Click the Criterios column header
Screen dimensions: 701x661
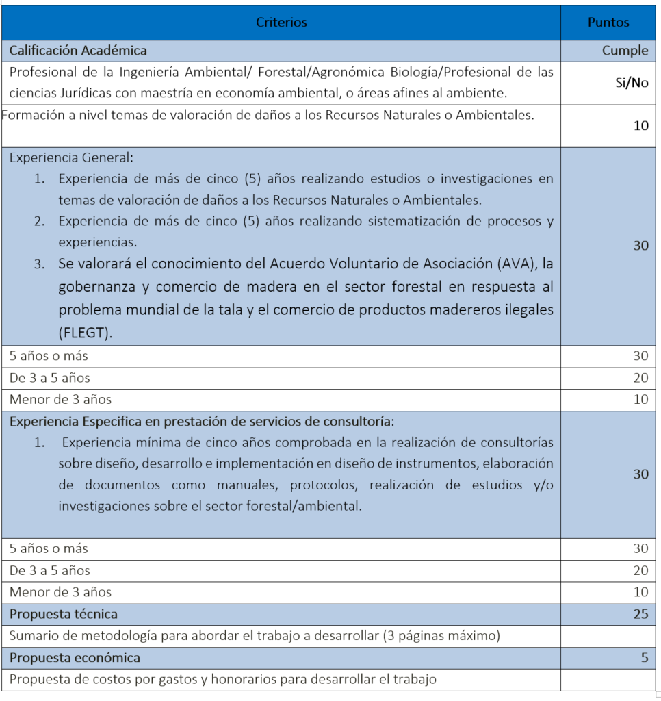281,23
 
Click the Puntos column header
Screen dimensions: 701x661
608,23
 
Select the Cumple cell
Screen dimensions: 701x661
625,51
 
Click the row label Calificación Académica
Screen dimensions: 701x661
78,51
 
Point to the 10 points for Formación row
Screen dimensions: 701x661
640,126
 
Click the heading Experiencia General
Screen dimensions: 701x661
71,157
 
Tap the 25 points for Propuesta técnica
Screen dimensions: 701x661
640,614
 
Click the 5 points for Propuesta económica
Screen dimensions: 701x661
644,658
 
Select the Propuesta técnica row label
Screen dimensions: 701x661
63,614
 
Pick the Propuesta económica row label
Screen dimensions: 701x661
75,658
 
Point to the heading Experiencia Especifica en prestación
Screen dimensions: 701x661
201,421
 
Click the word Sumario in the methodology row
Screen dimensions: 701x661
31,636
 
